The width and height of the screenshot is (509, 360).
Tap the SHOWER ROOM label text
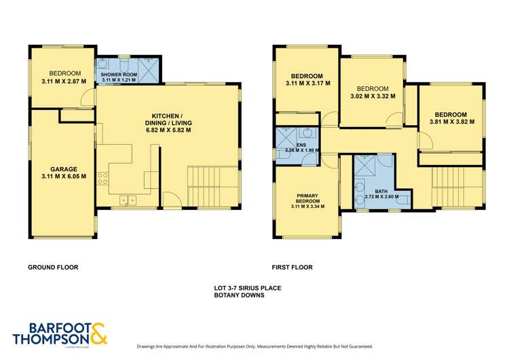(x=119, y=73)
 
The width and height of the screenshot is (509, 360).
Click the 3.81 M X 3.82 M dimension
(x=451, y=123)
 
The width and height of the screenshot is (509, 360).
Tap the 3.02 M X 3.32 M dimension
(x=373, y=97)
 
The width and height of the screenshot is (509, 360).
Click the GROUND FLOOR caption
(x=53, y=268)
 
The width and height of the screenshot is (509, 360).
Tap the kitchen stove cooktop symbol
(x=104, y=179)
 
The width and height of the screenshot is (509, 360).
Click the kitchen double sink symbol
(x=127, y=200)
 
